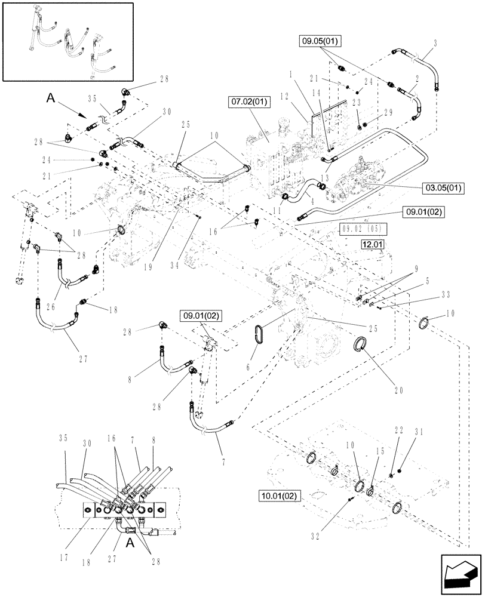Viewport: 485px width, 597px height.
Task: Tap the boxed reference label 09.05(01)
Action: click(319, 41)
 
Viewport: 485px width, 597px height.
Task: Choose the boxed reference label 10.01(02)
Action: click(280, 496)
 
